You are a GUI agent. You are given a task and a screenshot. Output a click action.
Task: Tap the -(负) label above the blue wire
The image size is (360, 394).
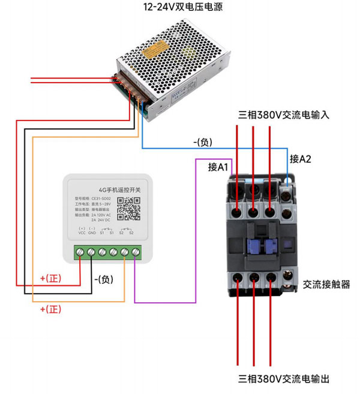pos(202,142)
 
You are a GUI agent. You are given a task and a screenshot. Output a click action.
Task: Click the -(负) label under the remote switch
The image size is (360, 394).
pos(103,279)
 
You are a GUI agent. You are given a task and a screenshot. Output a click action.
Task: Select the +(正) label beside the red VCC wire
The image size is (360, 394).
pos(51,278)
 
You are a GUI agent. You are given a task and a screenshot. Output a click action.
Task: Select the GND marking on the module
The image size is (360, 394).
pos(92,233)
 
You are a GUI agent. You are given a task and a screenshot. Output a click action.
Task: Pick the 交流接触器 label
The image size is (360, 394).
pos(326,285)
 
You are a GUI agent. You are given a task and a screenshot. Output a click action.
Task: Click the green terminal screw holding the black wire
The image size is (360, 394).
pos(91,252)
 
